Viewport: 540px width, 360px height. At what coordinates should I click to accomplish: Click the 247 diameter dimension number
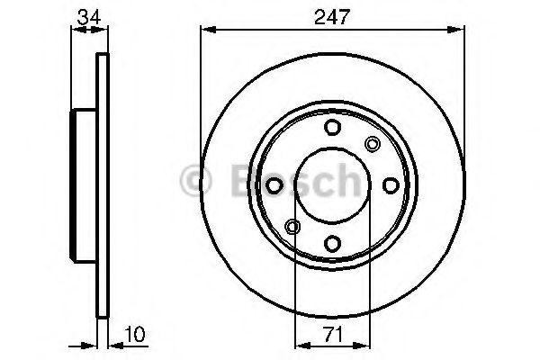[x=332, y=16]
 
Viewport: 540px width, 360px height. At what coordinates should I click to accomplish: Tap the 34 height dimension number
[x=89, y=16]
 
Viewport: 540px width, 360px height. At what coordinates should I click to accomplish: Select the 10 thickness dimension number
[x=135, y=334]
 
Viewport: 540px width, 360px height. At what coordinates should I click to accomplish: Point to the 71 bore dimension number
[x=334, y=335]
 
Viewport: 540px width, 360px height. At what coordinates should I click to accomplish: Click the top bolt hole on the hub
[x=332, y=127]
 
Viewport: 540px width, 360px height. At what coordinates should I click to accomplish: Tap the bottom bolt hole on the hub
[x=332, y=244]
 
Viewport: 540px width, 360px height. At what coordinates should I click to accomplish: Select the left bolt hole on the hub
[x=274, y=185]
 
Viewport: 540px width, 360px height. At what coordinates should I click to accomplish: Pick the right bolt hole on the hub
[x=391, y=185]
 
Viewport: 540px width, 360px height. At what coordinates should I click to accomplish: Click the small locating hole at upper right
[x=373, y=144]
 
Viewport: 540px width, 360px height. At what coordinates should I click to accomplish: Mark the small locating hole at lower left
[x=292, y=226]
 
